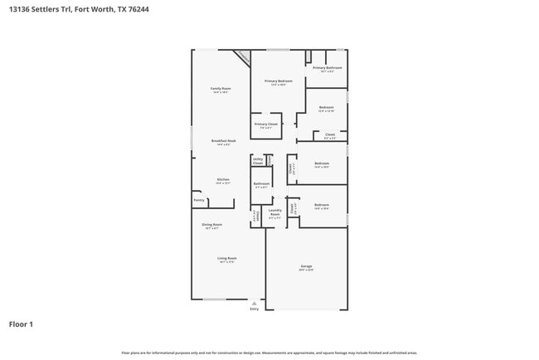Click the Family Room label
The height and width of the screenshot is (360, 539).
220,88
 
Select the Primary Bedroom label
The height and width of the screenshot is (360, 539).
279,81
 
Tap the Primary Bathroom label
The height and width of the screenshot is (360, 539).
327,67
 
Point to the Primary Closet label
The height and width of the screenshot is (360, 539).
266,124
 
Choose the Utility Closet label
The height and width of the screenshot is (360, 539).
258,161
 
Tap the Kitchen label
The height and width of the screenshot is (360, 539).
223,180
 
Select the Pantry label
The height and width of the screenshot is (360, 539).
199,200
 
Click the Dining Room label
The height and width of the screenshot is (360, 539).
213,225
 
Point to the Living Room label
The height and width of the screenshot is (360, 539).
226,259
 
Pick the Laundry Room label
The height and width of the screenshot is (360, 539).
275,212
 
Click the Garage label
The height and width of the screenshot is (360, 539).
306,267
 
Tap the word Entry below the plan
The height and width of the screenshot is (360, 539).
254,309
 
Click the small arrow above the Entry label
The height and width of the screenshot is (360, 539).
254,304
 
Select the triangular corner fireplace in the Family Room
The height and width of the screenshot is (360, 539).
242,57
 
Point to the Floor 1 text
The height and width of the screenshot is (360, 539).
21,324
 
